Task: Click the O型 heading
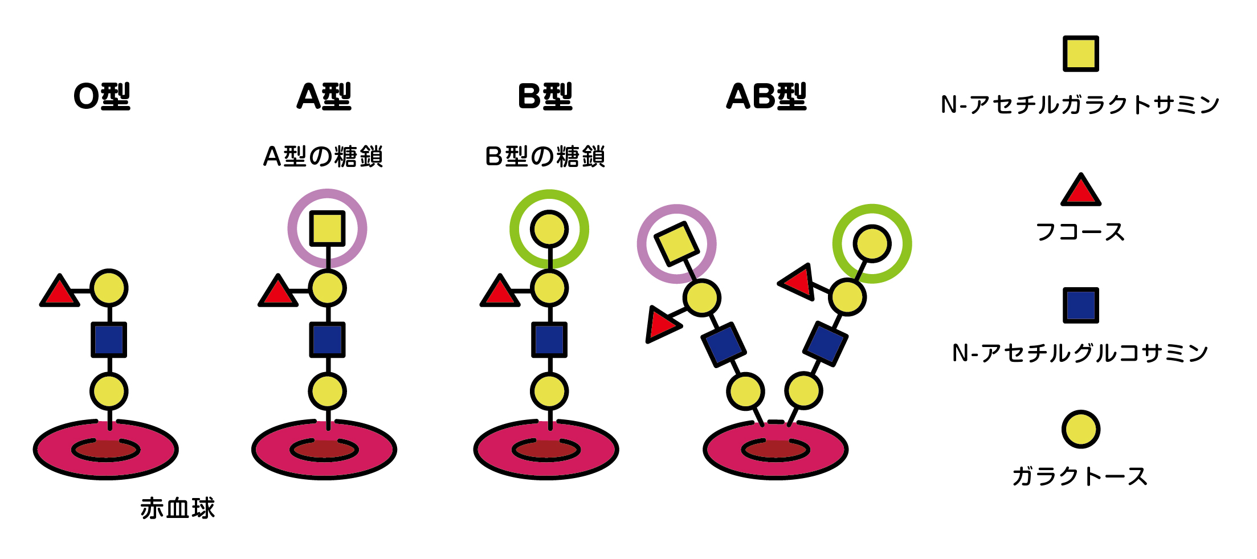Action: pos(102,96)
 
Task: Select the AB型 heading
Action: pos(766,96)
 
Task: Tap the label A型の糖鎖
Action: pos(323,157)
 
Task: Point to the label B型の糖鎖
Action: pos(545,157)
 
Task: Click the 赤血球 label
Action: pos(177,508)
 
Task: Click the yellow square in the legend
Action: pos(1080,54)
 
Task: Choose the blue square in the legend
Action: pos(1080,305)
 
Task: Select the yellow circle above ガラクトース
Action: pos(1080,429)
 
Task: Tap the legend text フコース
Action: pos(1080,232)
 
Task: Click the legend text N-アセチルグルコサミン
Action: pos(1080,353)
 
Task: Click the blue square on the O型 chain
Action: pos(109,340)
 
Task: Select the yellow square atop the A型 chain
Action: pos(327,229)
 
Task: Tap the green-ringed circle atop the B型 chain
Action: pos(549,229)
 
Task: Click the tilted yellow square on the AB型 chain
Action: pos(676,244)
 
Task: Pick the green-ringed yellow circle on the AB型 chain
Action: pos(872,244)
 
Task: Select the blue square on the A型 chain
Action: pos(327,340)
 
